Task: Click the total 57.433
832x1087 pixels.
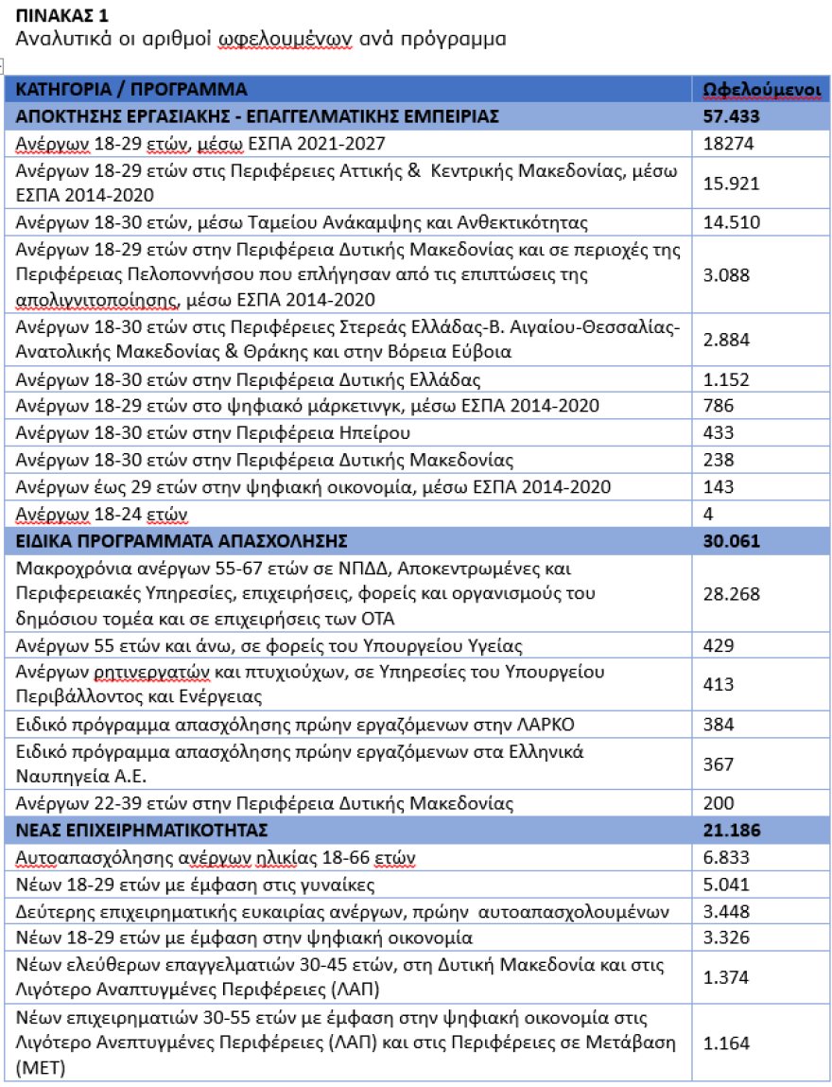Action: [x=732, y=116]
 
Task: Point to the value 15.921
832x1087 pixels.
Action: [x=732, y=183]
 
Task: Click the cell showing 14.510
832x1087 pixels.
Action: [x=732, y=223]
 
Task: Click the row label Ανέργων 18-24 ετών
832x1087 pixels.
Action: [x=103, y=514]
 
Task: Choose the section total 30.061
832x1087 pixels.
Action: [x=732, y=541]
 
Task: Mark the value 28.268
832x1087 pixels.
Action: [x=732, y=593]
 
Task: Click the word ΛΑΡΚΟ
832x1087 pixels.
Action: [x=545, y=725]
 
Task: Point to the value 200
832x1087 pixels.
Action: [x=719, y=803]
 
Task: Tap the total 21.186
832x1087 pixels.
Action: [x=732, y=831]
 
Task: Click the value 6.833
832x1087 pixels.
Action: [x=726, y=858]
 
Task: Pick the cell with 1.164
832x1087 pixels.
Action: [x=726, y=1042]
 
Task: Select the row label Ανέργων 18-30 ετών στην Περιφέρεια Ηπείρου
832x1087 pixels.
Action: [x=214, y=433]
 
